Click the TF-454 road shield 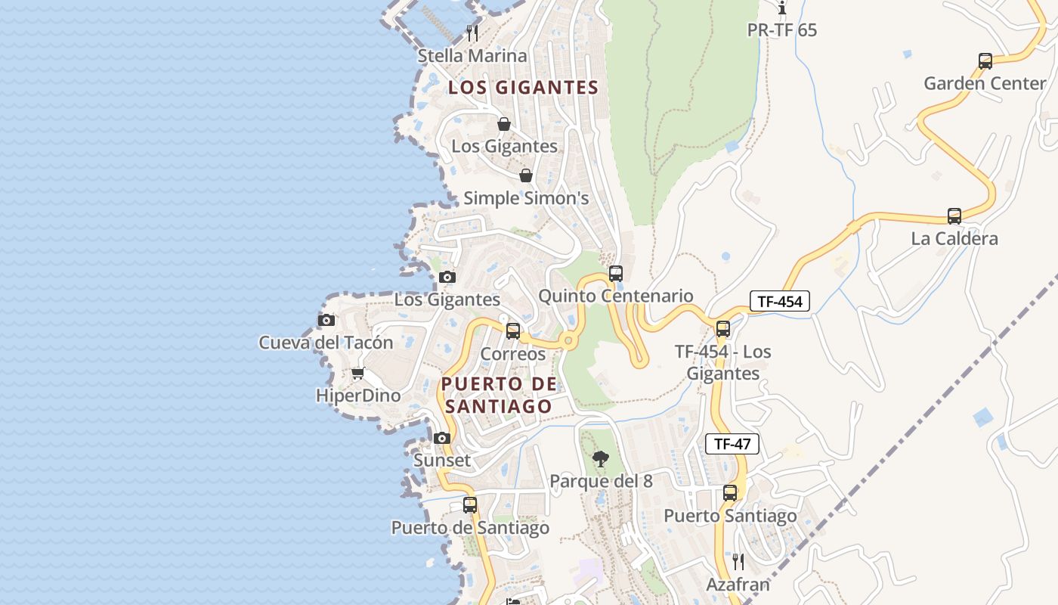pos(780,302)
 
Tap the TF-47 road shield pos(732,444)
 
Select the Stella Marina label pos(472,56)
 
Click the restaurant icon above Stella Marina pos(472,33)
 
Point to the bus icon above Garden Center pos(985,61)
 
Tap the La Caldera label pos(954,239)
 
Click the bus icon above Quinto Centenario pos(616,274)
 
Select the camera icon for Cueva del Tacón pos(326,320)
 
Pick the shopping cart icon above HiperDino pos(357,374)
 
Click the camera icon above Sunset pos(442,438)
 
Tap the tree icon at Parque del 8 pos(601,458)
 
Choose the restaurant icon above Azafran pos(738,562)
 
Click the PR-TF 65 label pos(781,30)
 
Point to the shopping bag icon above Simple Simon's pos(526,176)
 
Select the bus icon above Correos pos(513,330)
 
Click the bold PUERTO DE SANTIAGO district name pos(499,395)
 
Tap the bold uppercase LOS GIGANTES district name pos(523,88)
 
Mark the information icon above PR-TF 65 pos(781,8)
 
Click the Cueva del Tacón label pos(326,343)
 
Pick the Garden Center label pos(985,84)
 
